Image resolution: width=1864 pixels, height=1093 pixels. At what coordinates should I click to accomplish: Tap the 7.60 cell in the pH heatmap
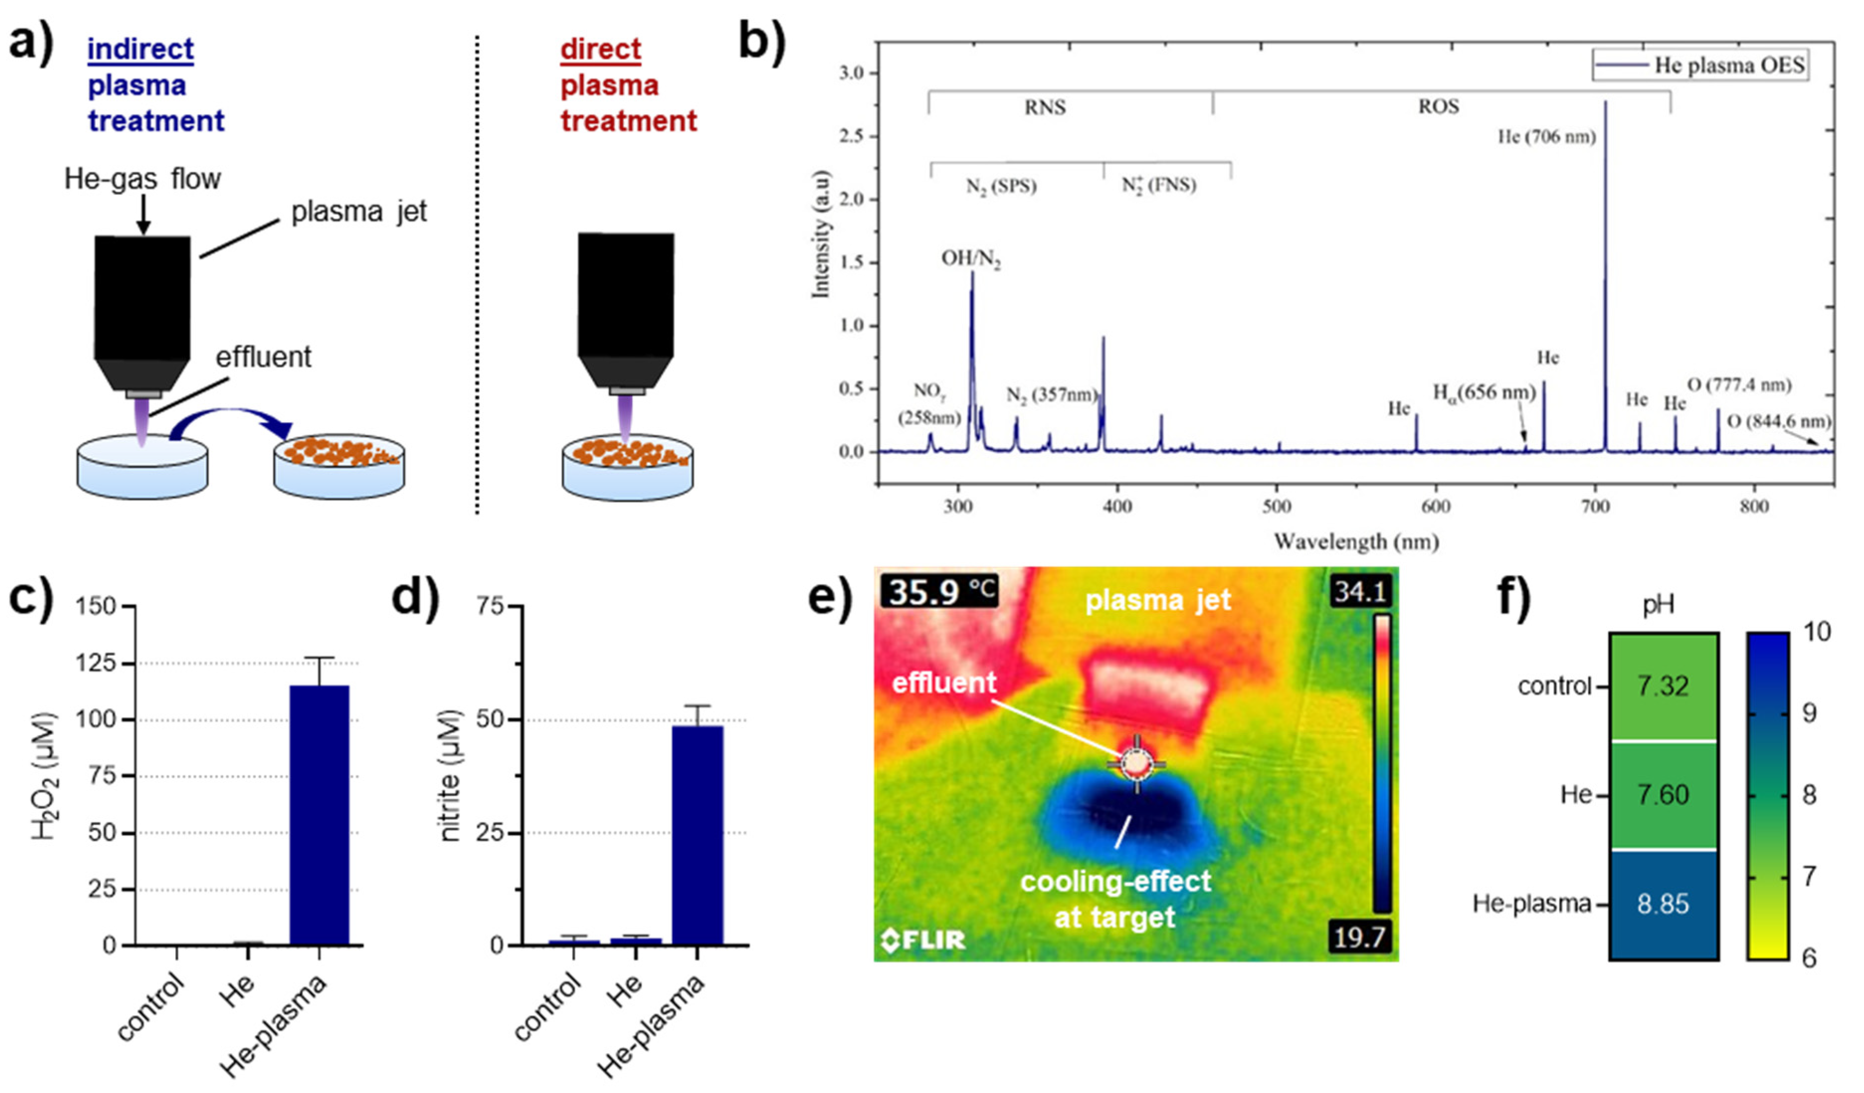tap(1663, 795)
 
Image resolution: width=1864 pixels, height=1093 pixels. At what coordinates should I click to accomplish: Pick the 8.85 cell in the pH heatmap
tap(1663, 904)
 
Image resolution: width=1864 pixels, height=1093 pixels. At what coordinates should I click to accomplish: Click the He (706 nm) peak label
tap(1546, 137)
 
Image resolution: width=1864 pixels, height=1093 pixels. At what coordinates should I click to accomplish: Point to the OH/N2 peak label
tap(970, 259)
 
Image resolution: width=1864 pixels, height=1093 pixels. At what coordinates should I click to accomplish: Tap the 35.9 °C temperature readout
tap(940, 592)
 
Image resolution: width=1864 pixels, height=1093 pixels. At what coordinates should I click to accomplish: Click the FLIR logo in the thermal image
tap(923, 940)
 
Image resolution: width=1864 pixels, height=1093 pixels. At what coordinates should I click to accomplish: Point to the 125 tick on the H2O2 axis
tap(96, 663)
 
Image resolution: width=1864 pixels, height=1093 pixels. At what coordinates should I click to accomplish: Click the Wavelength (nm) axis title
tap(1356, 542)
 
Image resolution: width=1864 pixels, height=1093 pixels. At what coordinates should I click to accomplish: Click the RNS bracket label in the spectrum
tap(1044, 108)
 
